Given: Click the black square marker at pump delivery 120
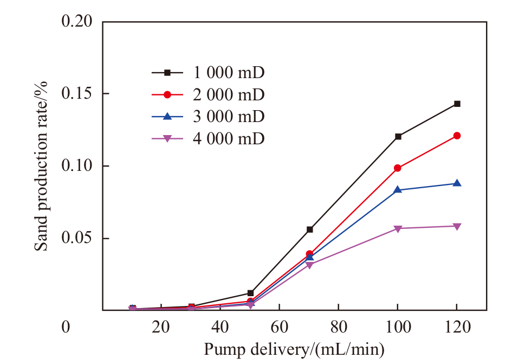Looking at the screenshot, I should (x=457, y=104).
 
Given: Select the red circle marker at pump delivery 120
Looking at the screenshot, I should (x=457, y=136).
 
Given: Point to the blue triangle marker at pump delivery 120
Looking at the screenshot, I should (x=457, y=183).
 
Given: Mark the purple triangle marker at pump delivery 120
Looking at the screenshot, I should (x=457, y=226).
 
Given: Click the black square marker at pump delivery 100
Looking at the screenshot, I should (x=398, y=136).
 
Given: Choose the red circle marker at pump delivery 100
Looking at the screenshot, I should (x=398, y=168).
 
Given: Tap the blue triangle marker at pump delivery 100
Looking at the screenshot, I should (x=398, y=189).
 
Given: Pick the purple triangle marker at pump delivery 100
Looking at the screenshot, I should (x=398, y=228).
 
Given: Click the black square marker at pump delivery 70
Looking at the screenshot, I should (x=309, y=229).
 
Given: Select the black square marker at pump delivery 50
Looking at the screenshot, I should (x=250, y=293).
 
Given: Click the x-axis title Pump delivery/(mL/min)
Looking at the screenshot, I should (x=294, y=350).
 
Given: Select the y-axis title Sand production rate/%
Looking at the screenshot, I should (x=42, y=165).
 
